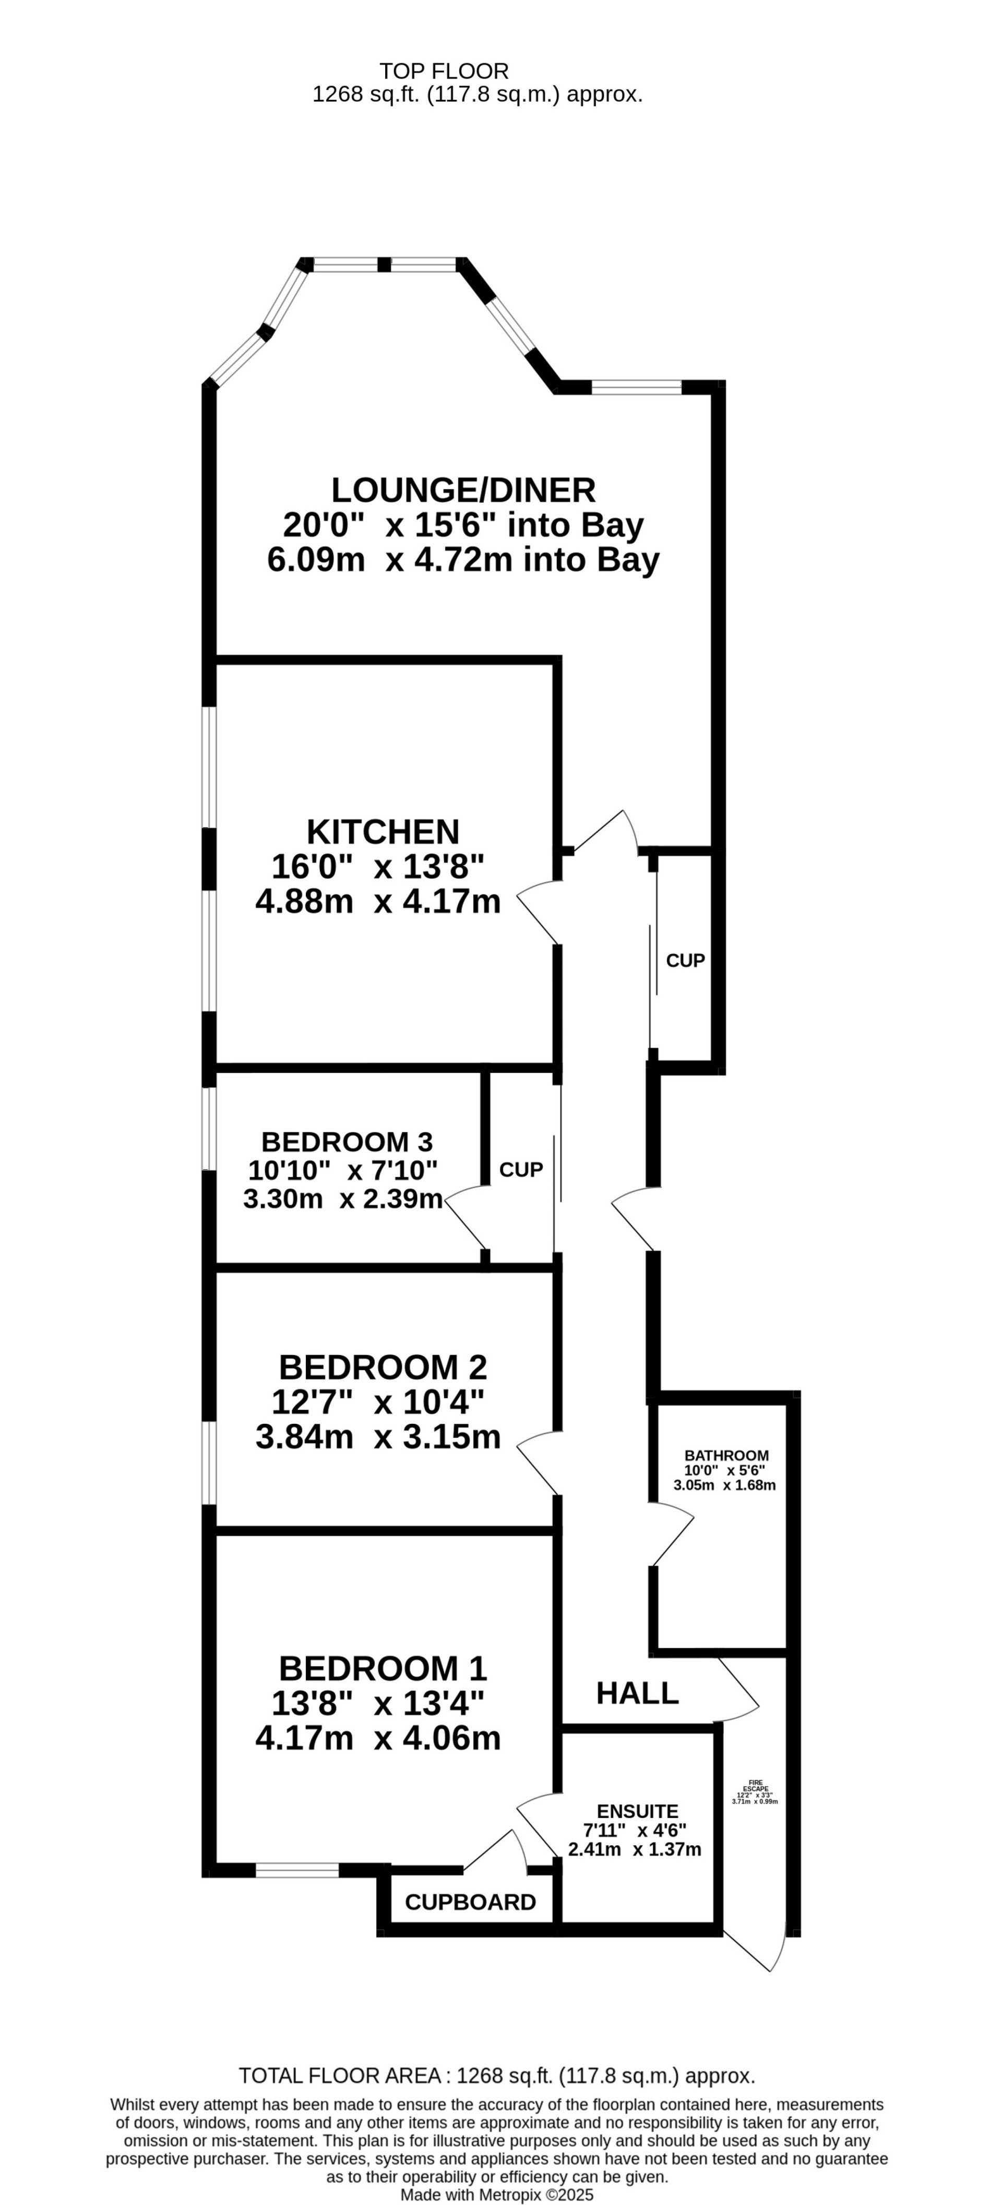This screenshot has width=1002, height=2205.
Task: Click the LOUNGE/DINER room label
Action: tap(463, 490)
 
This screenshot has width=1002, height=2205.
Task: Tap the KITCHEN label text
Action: tap(383, 831)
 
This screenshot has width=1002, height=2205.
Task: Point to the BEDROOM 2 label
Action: tap(383, 1367)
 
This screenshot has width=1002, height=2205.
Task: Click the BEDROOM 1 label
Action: tap(383, 1668)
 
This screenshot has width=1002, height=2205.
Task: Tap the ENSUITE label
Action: tap(638, 1811)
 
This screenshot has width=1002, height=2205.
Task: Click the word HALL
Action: tap(638, 1692)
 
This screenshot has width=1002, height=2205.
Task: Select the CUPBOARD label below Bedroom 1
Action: tap(470, 1902)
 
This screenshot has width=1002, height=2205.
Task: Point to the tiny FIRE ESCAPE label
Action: tap(755, 1786)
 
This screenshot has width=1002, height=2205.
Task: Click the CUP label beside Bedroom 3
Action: tap(520, 1169)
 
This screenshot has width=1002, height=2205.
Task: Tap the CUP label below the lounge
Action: tap(685, 960)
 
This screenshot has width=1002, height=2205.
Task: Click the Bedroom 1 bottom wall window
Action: tap(298, 1870)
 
